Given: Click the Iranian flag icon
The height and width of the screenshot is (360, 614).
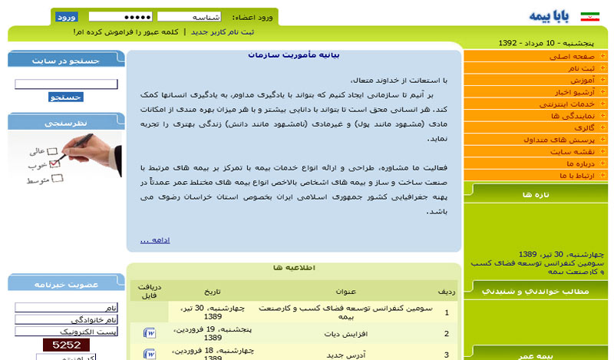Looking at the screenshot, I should [589, 16].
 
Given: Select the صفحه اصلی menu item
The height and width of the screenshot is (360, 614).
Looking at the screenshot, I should [573, 57].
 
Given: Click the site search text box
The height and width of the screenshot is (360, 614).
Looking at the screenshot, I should [65, 84].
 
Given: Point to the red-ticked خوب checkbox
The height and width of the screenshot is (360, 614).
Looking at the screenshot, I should [54, 163].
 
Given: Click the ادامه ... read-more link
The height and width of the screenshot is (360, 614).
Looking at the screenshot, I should [154, 240].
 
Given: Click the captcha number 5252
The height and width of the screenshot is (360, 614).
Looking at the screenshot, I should [66, 345].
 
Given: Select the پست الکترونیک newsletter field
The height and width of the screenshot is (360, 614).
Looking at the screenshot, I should [65, 331].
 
